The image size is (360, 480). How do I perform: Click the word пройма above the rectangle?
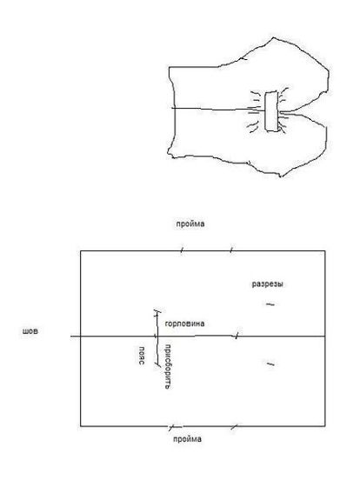190,224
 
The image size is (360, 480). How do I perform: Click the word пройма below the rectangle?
187,439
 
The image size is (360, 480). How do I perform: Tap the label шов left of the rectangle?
30,331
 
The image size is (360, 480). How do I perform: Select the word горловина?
184,323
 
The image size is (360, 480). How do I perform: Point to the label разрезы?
267,284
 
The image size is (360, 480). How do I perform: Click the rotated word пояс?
141,356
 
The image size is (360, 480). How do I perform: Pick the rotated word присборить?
168,366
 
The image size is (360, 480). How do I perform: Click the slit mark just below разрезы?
270,304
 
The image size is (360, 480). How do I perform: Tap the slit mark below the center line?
270,364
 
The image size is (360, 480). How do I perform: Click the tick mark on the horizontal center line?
236,336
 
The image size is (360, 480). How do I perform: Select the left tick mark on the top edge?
182,250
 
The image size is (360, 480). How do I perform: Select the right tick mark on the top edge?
231,250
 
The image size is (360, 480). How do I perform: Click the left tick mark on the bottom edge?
172,426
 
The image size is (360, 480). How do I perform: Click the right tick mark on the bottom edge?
234,426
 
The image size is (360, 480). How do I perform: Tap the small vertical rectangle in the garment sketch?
271,111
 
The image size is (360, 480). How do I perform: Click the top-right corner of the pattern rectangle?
325,251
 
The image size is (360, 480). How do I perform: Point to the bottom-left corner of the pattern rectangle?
81,426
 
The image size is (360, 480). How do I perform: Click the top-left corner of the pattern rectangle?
81,251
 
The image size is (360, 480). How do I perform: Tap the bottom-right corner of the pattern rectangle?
325,426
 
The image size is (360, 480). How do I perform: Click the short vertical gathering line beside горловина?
157,337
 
